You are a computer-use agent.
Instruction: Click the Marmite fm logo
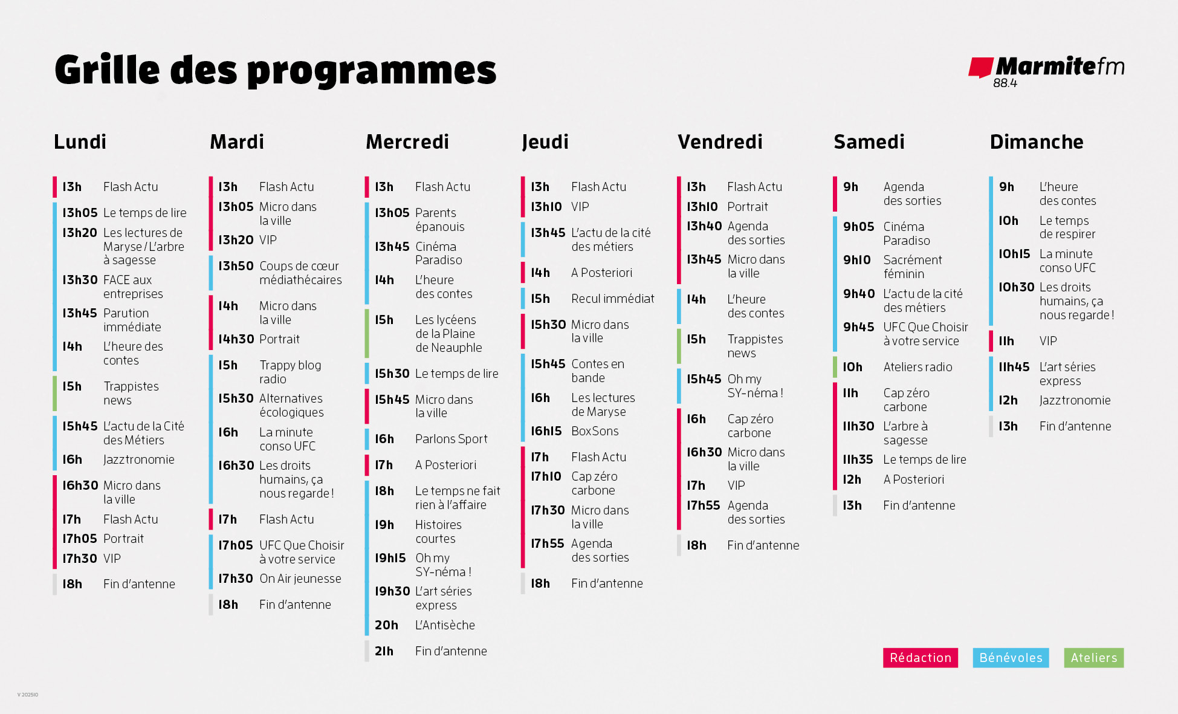point(1046,68)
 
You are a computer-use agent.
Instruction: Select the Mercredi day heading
point(407,141)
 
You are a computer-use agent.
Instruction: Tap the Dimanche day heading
point(1036,141)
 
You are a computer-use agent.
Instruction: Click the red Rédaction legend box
point(920,658)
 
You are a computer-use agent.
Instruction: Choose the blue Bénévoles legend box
point(1011,658)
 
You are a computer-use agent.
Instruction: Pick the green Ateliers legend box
point(1093,658)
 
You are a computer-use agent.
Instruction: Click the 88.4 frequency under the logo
point(1005,83)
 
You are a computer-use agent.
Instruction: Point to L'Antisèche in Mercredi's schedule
point(445,625)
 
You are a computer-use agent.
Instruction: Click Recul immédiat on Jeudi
point(612,299)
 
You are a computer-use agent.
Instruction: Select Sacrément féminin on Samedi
point(912,267)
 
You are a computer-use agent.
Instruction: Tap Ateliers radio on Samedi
point(917,367)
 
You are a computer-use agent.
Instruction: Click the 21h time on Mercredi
point(384,651)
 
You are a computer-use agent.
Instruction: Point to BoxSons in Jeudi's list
point(595,431)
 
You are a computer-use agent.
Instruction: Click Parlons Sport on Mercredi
point(451,439)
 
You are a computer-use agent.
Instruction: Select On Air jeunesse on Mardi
point(300,579)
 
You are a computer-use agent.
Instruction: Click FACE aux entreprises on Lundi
point(133,287)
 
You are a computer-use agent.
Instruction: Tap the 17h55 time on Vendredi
point(703,505)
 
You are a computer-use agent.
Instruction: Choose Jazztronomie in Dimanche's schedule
point(1075,400)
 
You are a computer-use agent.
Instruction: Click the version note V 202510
point(28,695)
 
